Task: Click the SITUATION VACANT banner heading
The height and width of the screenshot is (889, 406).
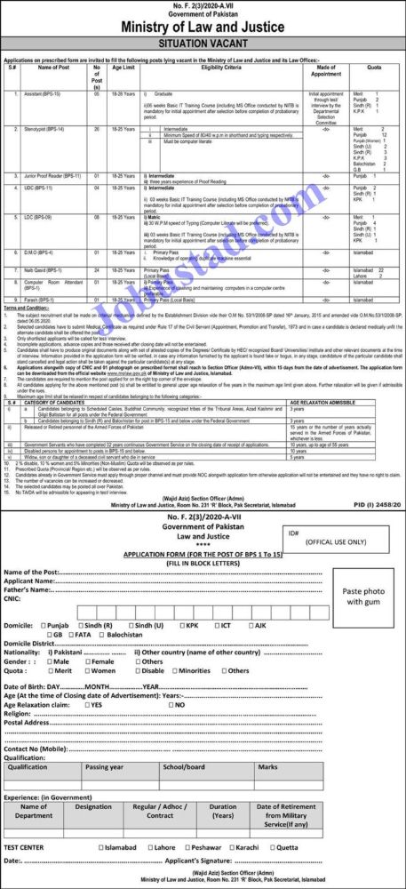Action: tap(203, 42)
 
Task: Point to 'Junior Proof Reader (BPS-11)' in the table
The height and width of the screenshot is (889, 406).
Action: tap(48, 176)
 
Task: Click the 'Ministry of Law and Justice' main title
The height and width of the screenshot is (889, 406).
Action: tap(203, 25)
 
